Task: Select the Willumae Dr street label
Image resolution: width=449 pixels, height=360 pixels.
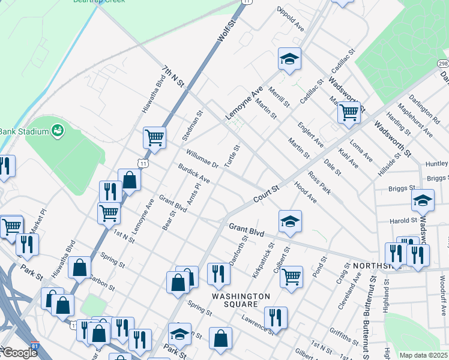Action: coord(202,159)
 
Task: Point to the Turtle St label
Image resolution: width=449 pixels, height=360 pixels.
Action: coord(232,155)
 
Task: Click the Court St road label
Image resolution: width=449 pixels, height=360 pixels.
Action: coord(267,193)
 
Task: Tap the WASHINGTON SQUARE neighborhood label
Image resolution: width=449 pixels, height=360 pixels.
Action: coord(240,301)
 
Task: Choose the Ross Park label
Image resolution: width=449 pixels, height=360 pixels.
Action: coord(319,184)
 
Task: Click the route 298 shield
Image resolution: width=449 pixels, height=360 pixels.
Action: coord(443,64)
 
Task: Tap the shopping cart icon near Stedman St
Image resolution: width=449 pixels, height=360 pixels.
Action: coord(154,137)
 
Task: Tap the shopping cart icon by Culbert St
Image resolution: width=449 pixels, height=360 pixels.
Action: coord(291,277)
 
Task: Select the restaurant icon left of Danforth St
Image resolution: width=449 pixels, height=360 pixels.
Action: coord(218,273)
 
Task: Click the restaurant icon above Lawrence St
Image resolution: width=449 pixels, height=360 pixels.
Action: coord(276,317)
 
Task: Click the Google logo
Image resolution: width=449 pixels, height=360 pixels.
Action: coord(19,353)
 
